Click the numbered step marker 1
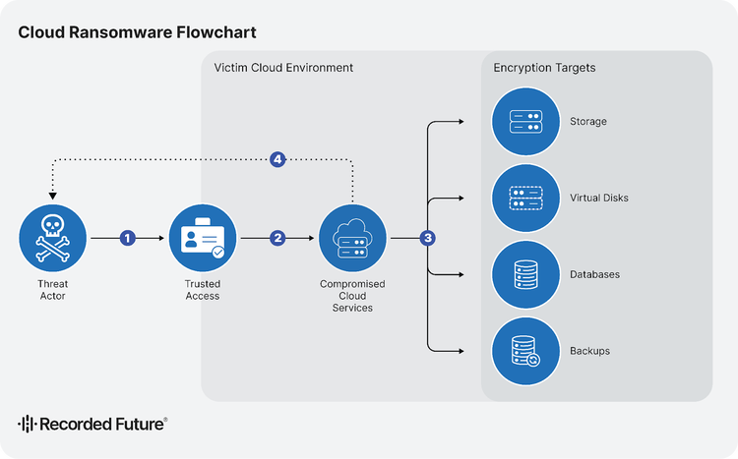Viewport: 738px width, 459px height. pos(127,239)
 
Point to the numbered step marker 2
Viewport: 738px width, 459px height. pos(277,239)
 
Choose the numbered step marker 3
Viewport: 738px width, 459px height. pos(427,239)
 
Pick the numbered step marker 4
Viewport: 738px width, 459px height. pos(277,159)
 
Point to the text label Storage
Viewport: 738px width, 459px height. pos(587,122)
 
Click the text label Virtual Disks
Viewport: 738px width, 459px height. pos(598,199)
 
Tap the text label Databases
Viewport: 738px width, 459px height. pos(594,274)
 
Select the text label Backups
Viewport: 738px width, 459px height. pos(589,351)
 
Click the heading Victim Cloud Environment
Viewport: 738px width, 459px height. pos(283,68)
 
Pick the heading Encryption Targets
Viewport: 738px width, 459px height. pos(544,68)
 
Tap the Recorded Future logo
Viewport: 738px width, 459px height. pos(92,424)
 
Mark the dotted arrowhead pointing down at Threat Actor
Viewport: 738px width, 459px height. pos(53,195)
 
